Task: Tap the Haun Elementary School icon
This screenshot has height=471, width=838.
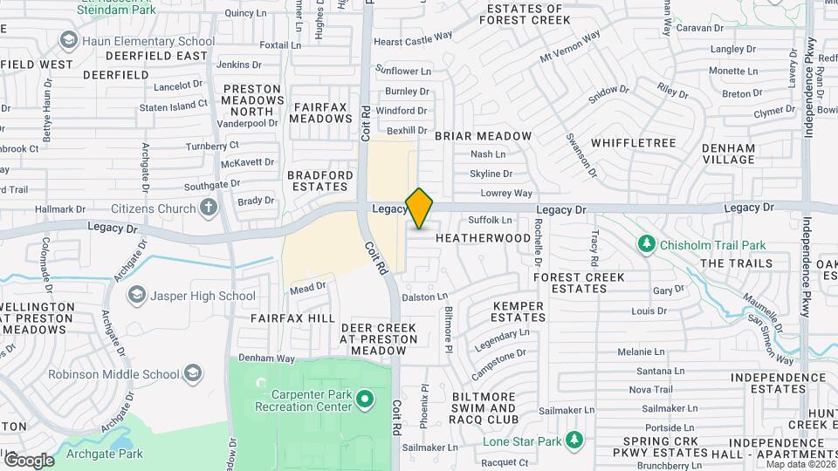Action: click(x=68, y=41)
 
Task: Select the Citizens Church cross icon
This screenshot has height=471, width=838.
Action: click(x=208, y=208)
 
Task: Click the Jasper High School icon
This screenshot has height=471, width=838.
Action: click(x=137, y=296)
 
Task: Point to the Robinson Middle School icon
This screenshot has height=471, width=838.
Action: click(x=193, y=374)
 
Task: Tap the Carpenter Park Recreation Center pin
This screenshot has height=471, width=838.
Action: click(x=365, y=401)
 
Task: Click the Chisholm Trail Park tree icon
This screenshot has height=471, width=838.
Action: click(x=647, y=245)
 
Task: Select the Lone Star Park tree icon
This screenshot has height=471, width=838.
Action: click(x=574, y=440)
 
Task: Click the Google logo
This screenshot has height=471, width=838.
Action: click(x=29, y=460)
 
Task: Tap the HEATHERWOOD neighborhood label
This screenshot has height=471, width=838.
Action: click(x=483, y=238)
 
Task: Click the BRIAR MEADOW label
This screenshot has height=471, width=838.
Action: click(x=483, y=136)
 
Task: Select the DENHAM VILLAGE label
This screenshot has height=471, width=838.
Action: click(x=728, y=154)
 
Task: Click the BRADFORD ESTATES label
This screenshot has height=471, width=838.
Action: click(x=320, y=181)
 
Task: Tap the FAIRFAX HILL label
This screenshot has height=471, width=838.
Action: click(x=292, y=318)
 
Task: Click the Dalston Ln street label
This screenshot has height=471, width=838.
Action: click(x=425, y=297)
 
